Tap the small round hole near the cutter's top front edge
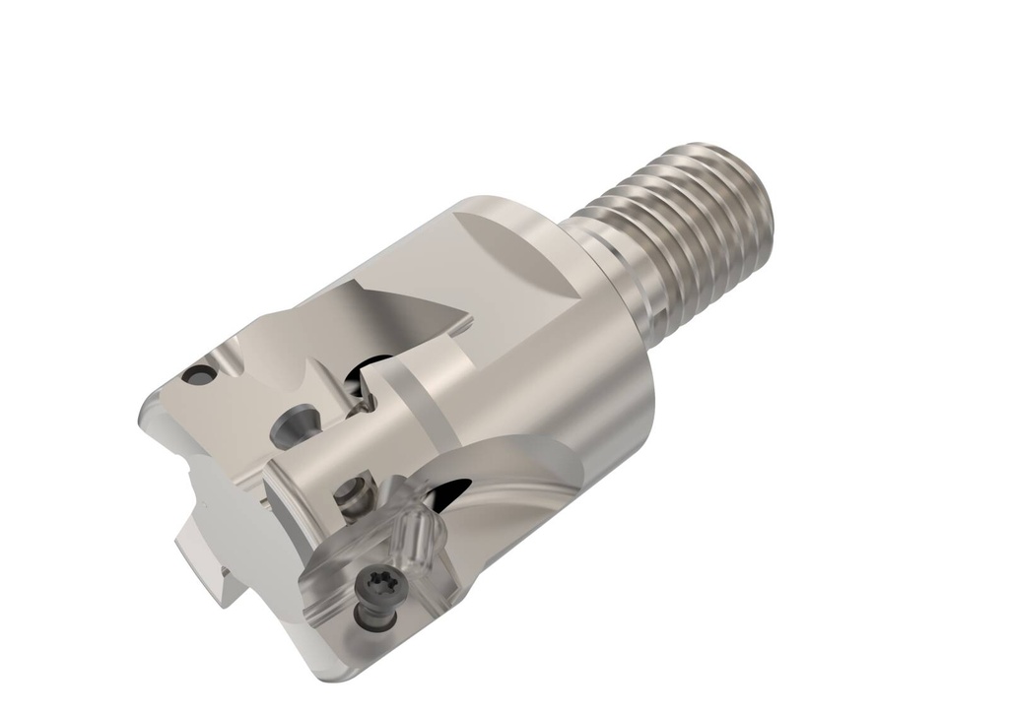click(x=199, y=374)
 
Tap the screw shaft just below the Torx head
click(x=374, y=617)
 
